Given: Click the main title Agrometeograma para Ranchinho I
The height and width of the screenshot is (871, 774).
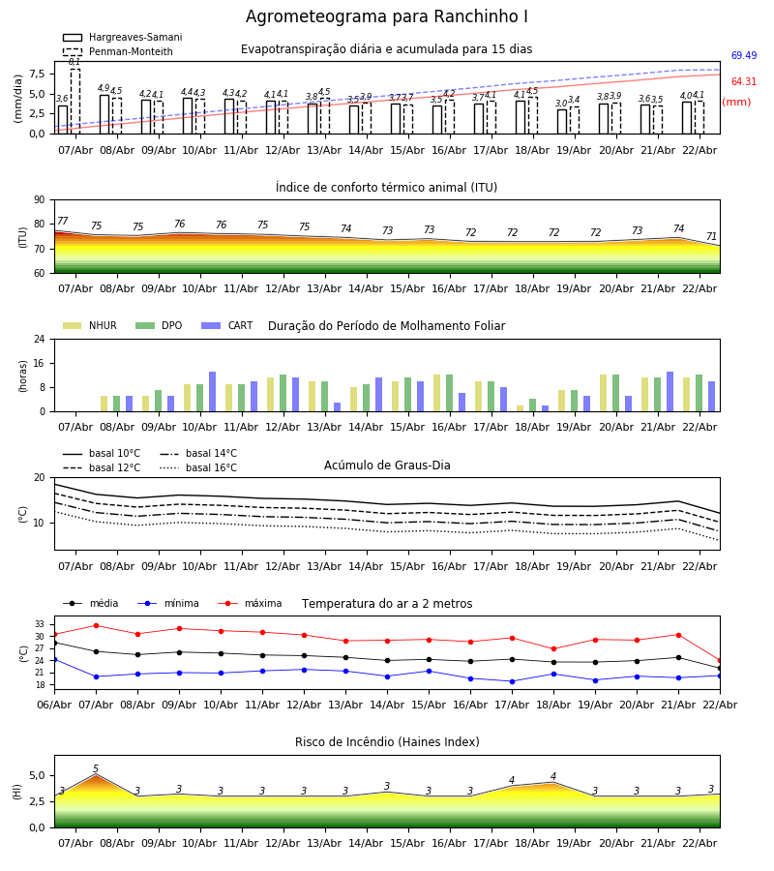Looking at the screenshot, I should [x=387, y=17].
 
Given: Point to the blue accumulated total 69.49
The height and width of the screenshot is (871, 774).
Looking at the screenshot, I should [x=744, y=56].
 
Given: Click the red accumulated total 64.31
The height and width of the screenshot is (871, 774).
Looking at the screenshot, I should [x=744, y=82].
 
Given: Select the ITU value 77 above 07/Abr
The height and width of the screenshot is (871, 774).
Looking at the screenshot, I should [x=63, y=222].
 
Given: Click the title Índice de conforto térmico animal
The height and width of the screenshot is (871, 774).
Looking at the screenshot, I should [x=386, y=188].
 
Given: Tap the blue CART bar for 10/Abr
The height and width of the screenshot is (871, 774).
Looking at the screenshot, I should [x=212, y=391].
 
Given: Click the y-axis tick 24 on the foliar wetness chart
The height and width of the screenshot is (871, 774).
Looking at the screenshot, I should [x=42, y=340].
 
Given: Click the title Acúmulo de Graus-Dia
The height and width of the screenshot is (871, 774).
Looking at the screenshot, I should [x=387, y=466].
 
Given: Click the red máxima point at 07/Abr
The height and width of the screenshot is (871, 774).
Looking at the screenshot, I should [x=96, y=625].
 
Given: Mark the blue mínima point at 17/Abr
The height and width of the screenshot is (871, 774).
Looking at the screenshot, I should [x=512, y=681].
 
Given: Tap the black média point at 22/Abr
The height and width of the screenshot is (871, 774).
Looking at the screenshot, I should [x=719, y=668].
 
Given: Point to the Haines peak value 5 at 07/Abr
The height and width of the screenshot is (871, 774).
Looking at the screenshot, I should [x=96, y=769].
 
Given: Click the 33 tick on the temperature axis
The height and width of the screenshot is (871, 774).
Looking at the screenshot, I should [x=41, y=624].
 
